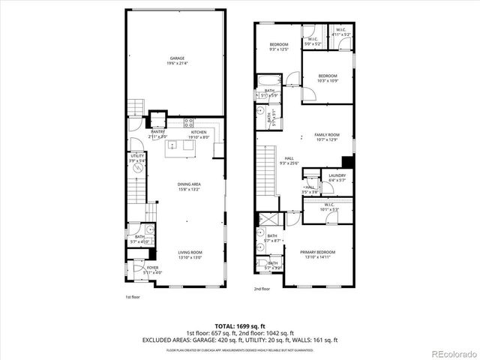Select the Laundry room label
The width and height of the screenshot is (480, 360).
pyautogui.click(x=337, y=177)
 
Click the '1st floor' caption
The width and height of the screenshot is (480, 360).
pyautogui.click(x=132, y=297)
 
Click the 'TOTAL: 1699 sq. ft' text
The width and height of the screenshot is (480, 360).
pyautogui.click(x=239, y=325)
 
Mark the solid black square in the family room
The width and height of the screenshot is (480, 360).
pyautogui.click(x=346, y=162)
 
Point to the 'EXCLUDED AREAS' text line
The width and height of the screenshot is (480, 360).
pyautogui.click(x=239, y=340)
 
